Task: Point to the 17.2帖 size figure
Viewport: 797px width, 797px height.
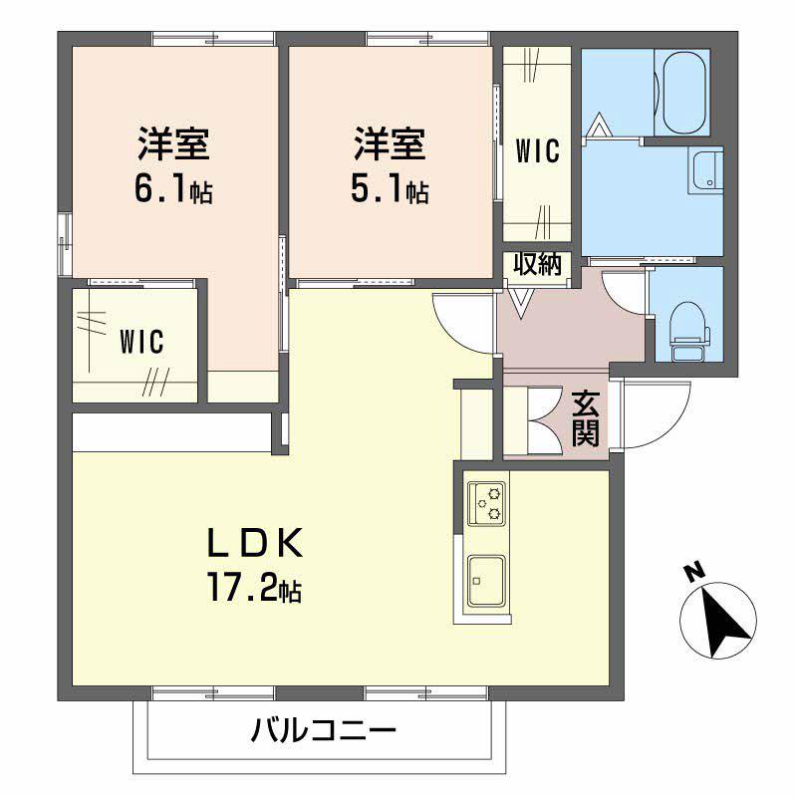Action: [x=253, y=590]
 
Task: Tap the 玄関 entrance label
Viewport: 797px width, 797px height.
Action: [x=586, y=417]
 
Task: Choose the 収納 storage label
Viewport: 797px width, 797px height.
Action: [x=538, y=264]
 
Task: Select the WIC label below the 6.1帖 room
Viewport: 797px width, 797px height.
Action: [x=141, y=342]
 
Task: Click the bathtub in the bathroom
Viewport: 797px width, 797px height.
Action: [x=681, y=92]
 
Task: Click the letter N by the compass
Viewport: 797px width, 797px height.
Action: [x=691, y=572]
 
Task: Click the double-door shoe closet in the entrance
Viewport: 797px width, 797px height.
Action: [x=532, y=417]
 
